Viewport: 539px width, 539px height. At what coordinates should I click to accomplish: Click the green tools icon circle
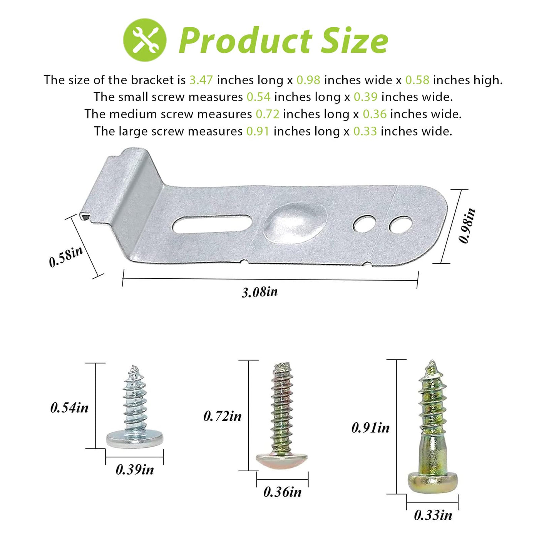point(145,40)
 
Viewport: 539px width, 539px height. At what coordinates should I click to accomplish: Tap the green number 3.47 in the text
point(201,80)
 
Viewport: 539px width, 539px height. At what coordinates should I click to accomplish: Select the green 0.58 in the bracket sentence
point(417,80)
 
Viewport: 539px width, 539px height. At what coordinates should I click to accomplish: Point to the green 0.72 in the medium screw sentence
point(268,114)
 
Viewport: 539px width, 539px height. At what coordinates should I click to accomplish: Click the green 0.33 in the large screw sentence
point(365,131)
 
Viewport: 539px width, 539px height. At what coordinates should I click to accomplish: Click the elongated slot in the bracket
point(213,224)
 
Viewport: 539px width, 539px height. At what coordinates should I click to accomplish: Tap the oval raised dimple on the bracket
point(295,221)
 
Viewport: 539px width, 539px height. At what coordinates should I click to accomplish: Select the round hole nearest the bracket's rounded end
point(400,224)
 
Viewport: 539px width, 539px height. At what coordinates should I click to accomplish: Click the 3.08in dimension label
point(260,292)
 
